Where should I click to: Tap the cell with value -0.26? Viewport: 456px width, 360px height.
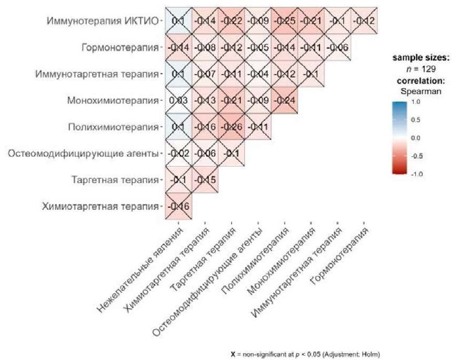pyautogui.click(x=231, y=127)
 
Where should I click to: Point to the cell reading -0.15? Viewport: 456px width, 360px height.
pyautogui.click(x=204, y=180)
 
